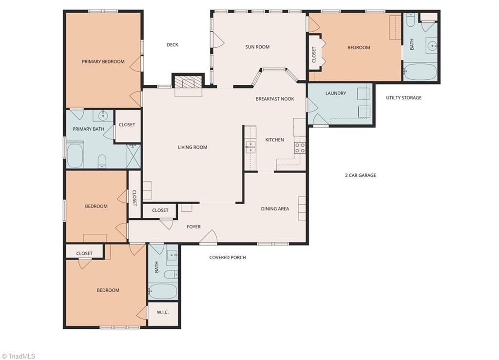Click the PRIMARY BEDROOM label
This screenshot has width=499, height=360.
coord(103,62)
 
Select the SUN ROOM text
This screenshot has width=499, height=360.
coord(257,47)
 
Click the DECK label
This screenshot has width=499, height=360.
coord(173,45)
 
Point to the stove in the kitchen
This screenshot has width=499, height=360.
coord(300,148)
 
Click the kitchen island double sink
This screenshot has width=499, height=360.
coord(250,147)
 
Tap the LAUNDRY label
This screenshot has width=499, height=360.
coord(335,94)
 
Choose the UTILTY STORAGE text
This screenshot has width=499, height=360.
coord(403,98)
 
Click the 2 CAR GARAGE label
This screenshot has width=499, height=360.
coord(360,175)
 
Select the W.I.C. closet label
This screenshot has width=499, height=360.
coord(163,312)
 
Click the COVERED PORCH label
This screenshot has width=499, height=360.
coord(228,257)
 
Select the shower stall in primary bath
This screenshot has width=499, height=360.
coord(133,156)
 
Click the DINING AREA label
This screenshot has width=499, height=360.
coord(275,209)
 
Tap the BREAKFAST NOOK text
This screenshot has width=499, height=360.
coord(275,99)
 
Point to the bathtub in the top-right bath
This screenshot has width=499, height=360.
coord(421,72)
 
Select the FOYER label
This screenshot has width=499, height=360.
coord(193,227)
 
